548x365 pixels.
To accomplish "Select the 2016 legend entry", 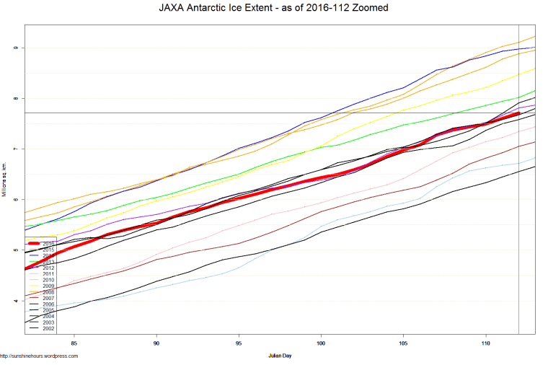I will point(48,244).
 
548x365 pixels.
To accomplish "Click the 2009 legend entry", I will point(48,286).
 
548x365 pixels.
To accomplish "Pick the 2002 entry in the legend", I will point(48,328).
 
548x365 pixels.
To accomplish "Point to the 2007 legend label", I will point(48,298).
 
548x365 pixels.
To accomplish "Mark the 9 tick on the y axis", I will point(14,48).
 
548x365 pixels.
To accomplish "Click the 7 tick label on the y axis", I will point(14,149).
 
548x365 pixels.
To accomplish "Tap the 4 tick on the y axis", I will point(14,301).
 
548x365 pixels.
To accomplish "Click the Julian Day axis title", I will point(280,356).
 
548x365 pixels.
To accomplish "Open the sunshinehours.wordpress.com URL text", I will point(39,356).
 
